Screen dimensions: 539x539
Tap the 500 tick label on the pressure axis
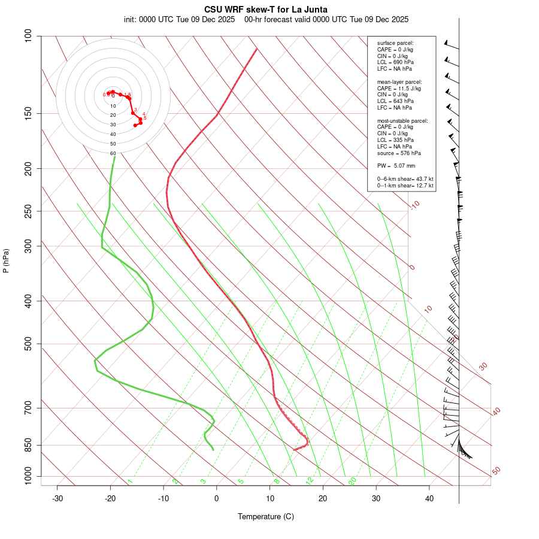28,344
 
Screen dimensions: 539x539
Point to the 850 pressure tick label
28,445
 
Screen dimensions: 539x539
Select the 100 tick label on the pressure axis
28,36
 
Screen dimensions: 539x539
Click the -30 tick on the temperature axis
57,498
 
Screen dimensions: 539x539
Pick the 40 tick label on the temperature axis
429,498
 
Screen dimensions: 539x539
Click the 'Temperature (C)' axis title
266,516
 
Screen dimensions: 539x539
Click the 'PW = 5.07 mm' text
396,166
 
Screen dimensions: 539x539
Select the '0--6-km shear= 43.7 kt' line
405,179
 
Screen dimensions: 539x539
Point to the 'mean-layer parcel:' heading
399,81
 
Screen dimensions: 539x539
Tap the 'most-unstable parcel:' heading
402,120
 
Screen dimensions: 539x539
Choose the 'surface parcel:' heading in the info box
395,43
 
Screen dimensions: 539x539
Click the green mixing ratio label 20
352,480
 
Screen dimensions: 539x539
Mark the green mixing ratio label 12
310,480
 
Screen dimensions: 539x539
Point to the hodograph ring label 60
113,153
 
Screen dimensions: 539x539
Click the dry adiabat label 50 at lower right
496,471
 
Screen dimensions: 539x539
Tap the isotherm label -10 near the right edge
415,205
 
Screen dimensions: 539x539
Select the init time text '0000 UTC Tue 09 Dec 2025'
182,19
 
